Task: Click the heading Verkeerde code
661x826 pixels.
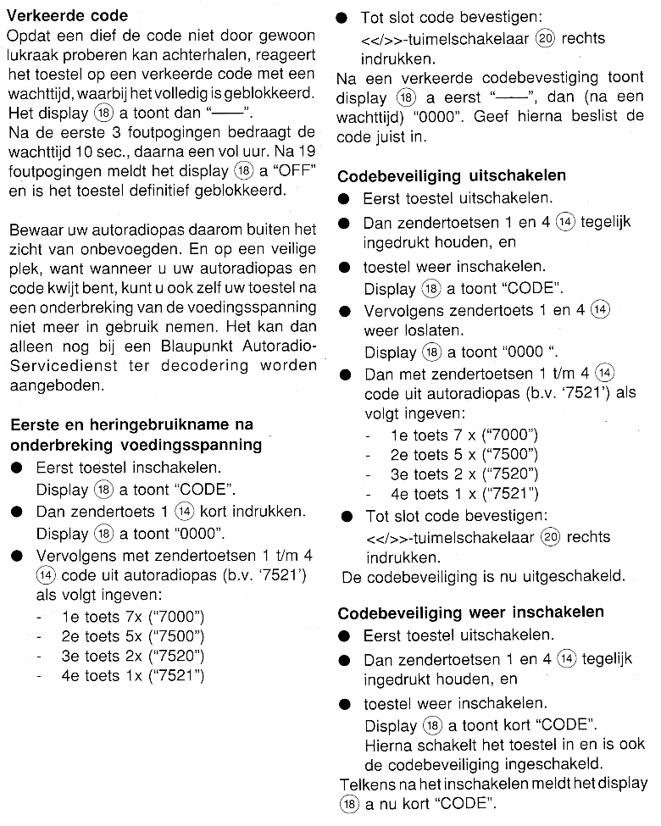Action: pos(67,15)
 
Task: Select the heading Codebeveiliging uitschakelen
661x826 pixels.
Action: pos(452,176)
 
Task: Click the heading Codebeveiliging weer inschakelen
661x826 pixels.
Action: pos(470,613)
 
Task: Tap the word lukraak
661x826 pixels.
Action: pos(35,55)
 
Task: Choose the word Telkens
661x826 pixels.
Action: pos(367,784)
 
